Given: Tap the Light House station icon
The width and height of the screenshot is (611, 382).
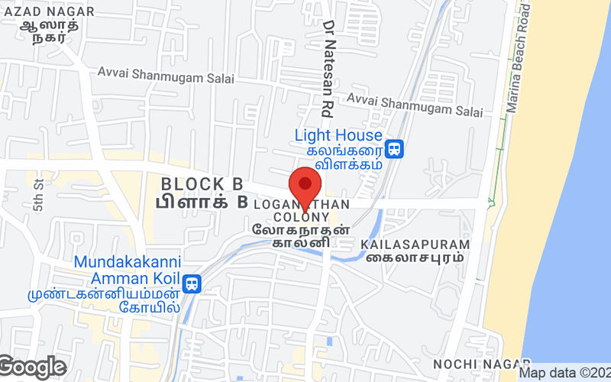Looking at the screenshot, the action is pos(394,147).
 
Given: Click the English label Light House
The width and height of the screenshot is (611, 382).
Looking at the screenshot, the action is pos(338,135).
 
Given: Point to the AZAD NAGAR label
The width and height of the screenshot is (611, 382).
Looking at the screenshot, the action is pos(47,11).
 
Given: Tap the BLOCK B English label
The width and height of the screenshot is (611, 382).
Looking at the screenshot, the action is pos(202,184).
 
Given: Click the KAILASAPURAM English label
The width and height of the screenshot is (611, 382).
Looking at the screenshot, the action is pos(415,244).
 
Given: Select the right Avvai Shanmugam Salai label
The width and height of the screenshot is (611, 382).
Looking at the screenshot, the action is pos(415,105).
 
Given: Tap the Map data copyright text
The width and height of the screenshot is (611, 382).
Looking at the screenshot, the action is pos(564,374).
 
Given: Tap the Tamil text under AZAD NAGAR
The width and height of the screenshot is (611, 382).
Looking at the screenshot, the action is pos(47,32).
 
